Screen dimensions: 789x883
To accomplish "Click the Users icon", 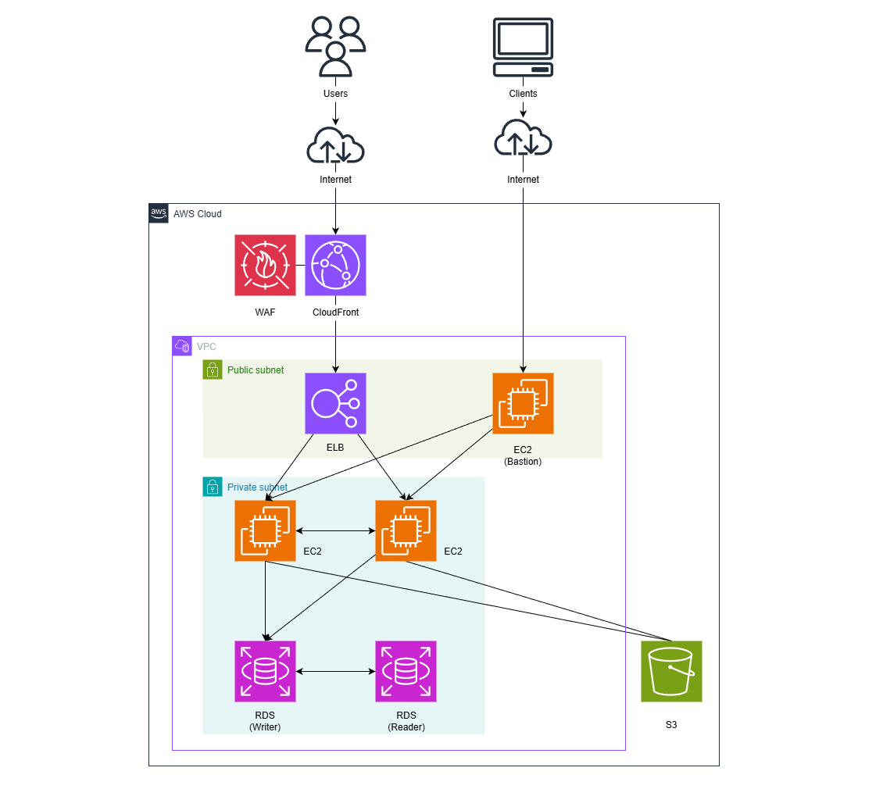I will click(x=335, y=47).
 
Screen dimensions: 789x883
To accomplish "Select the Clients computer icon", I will click(x=523, y=48).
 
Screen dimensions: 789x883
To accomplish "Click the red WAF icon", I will click(x=265, y=265).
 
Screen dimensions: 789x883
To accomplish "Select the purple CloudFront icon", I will click(x=335, y=265).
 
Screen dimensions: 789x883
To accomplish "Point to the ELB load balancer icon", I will click(x=335, y=403).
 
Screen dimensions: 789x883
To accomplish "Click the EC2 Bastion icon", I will click(x=523, y=403).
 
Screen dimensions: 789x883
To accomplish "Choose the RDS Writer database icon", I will click(x=265, y=671).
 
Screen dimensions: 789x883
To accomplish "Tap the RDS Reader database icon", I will click(x=406, y=671).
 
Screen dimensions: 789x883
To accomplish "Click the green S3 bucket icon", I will click(x=671, y=671).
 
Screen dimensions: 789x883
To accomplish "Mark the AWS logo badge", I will click(x=159, y=213).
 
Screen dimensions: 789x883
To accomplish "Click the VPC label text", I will click(x=206, y=346).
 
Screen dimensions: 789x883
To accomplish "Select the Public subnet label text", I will click(x=256, y=370).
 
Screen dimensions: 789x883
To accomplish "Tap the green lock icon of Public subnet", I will click(x=213, y=370).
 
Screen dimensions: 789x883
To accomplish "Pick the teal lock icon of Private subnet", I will click(x=213, y=487).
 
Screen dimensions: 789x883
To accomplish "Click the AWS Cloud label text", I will click(x=197, y=214).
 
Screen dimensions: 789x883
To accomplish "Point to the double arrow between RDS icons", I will click(x=335, y=671).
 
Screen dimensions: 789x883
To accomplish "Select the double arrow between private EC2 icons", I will click(x=335, y=531).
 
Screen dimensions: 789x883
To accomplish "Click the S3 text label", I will click(x=671, y=725).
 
